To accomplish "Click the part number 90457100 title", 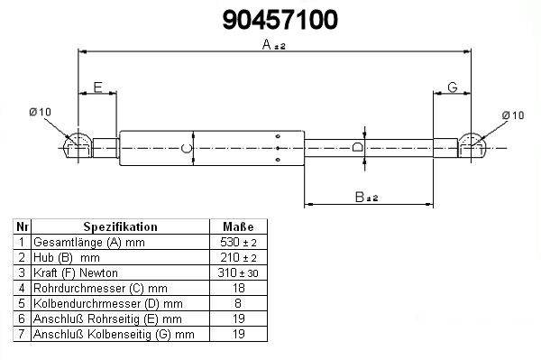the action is (x=280, y=20).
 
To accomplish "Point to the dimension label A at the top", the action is (x=267, y=44).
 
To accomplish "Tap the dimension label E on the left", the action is (x=98, y=87).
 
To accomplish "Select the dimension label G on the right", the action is (x=453, y=87).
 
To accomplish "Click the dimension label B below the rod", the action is (x=360, y=197).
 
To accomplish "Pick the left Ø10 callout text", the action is (x=40, y=112).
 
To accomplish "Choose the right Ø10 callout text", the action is (x=513, y=115).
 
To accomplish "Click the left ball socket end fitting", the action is (x=78, y=146).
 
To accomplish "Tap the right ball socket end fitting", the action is (x=472, y=146).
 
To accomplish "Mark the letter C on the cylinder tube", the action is (x=187, y=148).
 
